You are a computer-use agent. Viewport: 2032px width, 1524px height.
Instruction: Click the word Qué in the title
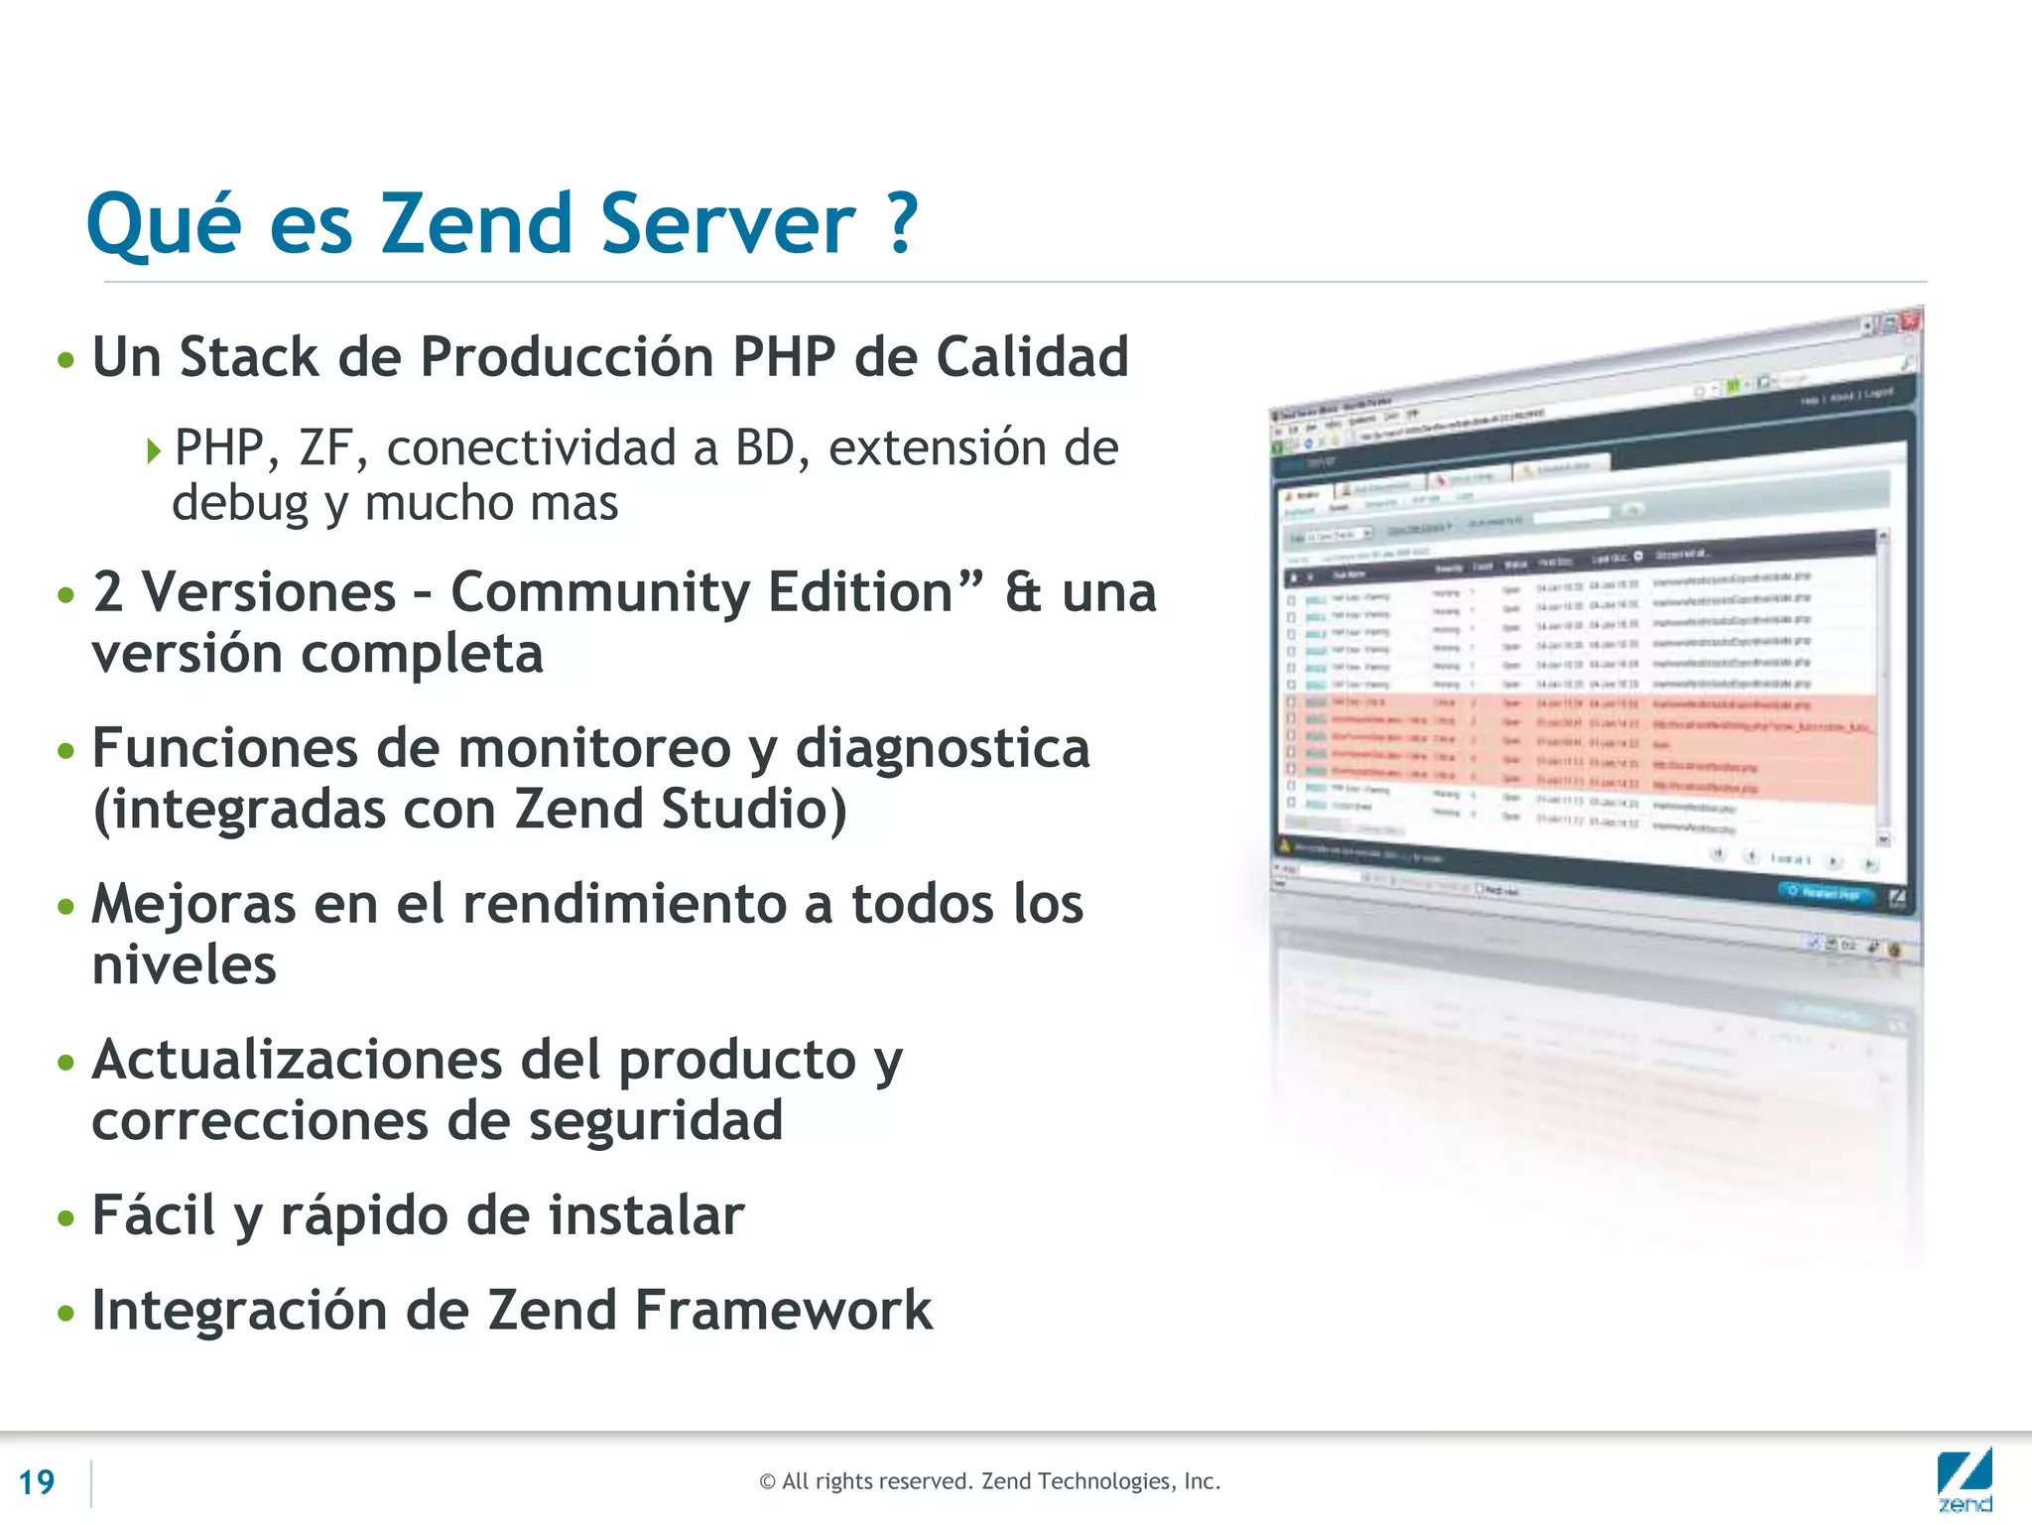(x=164, y=224)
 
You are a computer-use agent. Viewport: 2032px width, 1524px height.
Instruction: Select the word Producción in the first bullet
(x=566, y=357)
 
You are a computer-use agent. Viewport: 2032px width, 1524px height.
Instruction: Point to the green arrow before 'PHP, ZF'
(x=153, y=451)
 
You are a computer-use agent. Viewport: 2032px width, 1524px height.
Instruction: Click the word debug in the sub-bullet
(x=240, y=503)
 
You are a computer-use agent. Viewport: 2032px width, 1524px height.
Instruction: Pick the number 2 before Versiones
(x=107, y=592)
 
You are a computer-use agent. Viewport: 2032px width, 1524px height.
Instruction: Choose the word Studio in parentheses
(x=755, y=810)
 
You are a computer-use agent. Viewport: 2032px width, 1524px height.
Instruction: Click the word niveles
(x=184, y=965)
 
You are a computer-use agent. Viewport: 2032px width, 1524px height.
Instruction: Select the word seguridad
(x=655, y=1121)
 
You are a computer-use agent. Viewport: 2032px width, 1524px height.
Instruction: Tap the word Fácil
(x=153, y=1215)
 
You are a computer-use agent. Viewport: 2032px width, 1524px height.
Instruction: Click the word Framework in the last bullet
(x=783, y=1311)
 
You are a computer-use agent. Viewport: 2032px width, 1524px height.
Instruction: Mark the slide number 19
(x=37, y=1482)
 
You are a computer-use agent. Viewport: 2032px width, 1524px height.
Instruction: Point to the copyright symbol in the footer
(x=767, y=1482)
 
